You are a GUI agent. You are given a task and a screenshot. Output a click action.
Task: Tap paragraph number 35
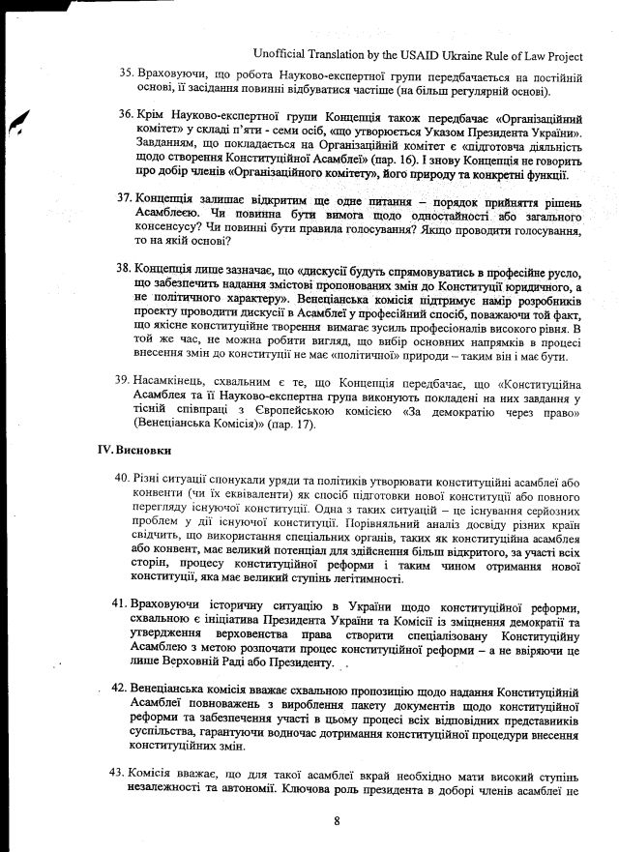click(x=126, y=74)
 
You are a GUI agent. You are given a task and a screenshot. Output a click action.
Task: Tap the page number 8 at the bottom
click(x=337, y=822)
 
